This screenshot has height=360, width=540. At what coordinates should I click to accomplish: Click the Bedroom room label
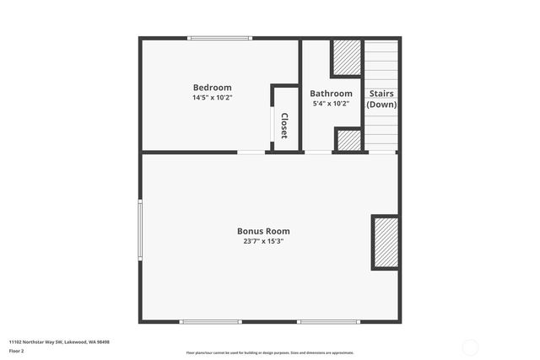point(212,88)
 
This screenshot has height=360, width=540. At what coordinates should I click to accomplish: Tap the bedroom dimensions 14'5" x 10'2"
point(212,98)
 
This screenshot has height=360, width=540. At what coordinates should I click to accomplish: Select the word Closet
point(285,126)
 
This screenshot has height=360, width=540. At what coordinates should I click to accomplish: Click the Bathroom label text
point(331,94)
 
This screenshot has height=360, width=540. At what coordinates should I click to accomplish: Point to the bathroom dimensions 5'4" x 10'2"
point(331,104)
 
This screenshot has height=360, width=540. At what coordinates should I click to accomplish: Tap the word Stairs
point(381,94)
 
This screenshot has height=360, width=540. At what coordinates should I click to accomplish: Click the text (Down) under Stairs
point(381,105)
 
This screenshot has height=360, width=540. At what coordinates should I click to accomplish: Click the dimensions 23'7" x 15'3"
point(263,241)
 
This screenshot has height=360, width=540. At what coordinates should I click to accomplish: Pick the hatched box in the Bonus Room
point(386,243)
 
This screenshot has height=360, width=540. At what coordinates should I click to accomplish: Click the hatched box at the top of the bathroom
point(346,57)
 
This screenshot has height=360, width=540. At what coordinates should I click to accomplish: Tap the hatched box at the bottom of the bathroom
point(348,140)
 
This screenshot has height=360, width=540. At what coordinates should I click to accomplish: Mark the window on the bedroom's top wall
point(219,38)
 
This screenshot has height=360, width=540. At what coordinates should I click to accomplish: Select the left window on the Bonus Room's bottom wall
point(211,321)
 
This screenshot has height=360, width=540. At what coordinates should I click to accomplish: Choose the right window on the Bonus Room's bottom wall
point(328,321)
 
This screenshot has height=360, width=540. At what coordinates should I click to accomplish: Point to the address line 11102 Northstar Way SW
point(59,342)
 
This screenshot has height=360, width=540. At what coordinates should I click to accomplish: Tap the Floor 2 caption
point(17,351)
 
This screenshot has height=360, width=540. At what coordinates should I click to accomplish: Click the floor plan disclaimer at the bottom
point(270,352)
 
